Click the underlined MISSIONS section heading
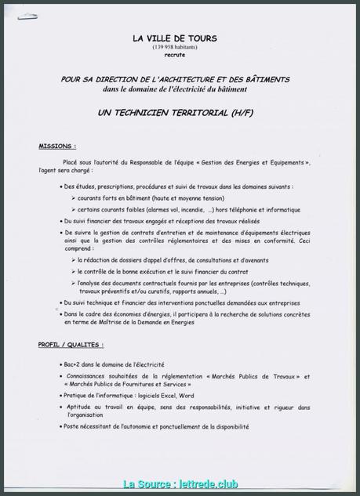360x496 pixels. (57, 147)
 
